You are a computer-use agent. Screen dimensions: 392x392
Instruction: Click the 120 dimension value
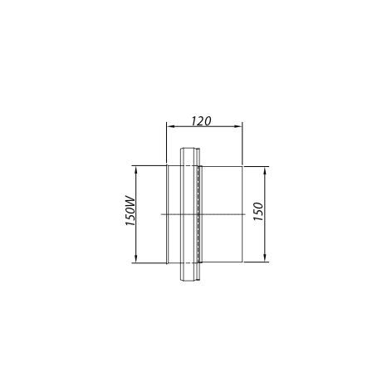[202, 121]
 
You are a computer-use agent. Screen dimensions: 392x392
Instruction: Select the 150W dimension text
[130, 211]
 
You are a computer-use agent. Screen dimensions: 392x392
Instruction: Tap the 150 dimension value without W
[258, 211]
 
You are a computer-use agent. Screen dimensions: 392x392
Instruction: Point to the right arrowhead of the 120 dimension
[238, 126]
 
